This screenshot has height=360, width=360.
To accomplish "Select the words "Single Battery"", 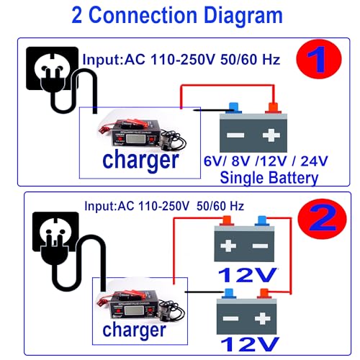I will pyautogui.click(x=269, y=177).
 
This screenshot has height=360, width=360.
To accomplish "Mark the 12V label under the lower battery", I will pyautogui.click(x=248, y=345).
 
